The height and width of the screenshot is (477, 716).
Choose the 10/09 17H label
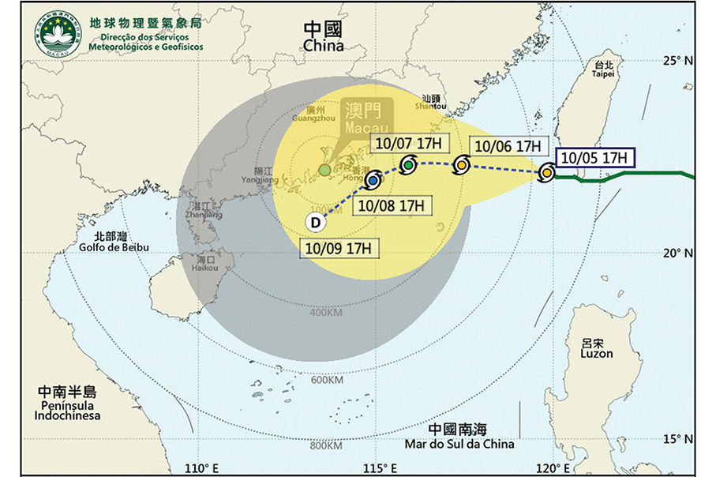click(340, 248)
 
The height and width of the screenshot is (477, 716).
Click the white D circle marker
click(315, 223)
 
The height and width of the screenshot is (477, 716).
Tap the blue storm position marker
click(372, 180)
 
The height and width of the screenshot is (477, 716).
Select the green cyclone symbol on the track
click(408, 165)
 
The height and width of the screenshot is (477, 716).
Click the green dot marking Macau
click(324, 170)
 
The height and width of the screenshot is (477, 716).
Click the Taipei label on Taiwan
click(604, 70)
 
